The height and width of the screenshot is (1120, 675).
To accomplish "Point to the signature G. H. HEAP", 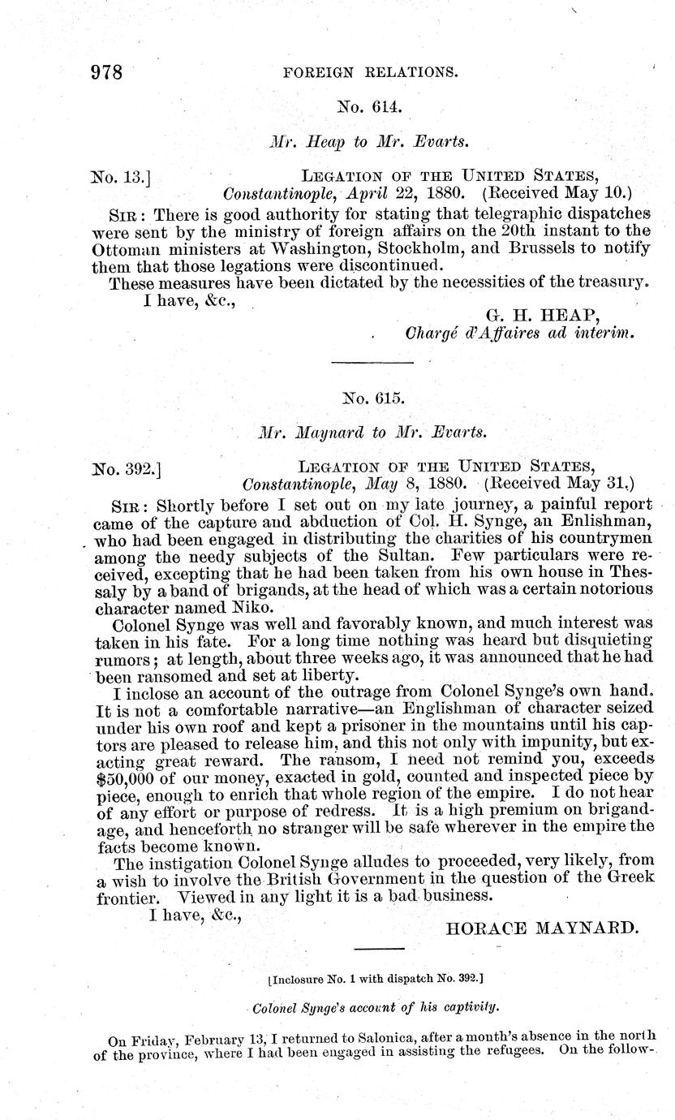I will click(x=541, y=314).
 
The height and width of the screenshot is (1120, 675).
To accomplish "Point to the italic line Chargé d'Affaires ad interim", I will click(x=519, y=333).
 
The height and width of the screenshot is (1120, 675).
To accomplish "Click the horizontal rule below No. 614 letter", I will click(x=374, y=363).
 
